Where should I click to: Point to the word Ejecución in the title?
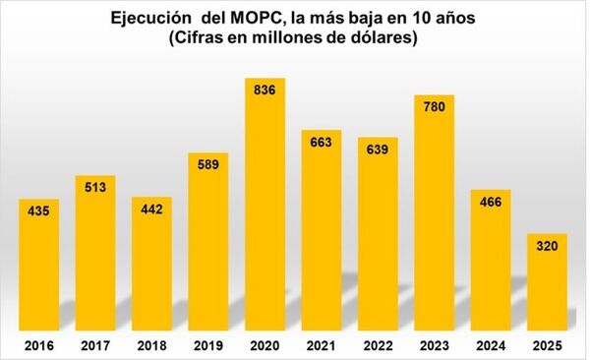click(x=147, y=19)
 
